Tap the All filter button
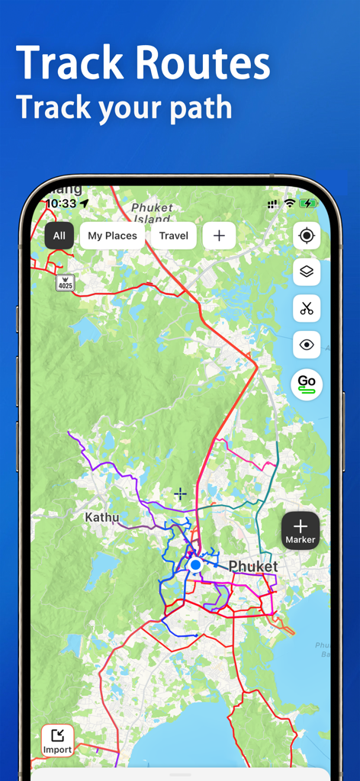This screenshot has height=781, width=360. pos(59,236)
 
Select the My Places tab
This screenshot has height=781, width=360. pos(112,236)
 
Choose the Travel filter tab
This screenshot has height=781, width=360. pos(174,236)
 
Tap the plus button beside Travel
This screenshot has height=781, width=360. pos(219,236)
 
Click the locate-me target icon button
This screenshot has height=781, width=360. pos(307,236)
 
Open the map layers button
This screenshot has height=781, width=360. pos(307,272)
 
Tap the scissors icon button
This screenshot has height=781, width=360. pos(307,308)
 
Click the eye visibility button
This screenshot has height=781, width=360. pos(307,345)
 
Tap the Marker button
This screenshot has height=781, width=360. pos(301,530)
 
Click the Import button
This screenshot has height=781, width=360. pos(57,740)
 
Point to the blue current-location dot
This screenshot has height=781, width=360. pos(195,564)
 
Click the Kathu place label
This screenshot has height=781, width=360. pos(101,518)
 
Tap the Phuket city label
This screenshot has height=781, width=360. pos(253,567)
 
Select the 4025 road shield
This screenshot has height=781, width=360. pos(66,282)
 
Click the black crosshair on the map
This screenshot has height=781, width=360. pos(180,493)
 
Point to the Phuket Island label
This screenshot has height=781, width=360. pos(152,213)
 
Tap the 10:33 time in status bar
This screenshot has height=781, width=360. pos(61,204)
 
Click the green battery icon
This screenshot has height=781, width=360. pos(308,204)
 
